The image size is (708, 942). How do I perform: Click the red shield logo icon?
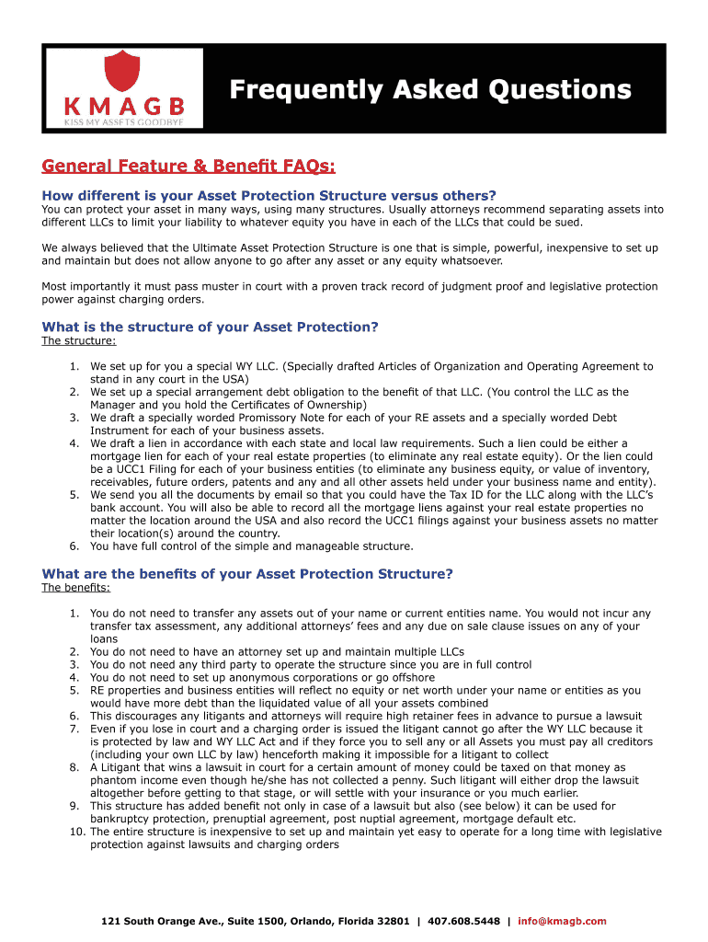point(124,70)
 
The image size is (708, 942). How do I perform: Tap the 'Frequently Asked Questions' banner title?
point(429,90)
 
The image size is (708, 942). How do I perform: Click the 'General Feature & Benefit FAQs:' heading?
point(188,166)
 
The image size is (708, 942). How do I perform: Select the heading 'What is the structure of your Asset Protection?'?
point(210,327)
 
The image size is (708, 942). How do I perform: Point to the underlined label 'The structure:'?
point(79,341)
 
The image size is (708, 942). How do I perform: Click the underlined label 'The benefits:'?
point(76,588)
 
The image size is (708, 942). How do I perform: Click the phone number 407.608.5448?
point(464,921)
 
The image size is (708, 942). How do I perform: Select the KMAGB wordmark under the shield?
point(124,104)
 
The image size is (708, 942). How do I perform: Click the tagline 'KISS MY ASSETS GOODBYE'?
point(123,121)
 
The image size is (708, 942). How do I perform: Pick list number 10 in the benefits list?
point(76,832)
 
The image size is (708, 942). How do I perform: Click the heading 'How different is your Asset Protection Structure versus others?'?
point(268,195)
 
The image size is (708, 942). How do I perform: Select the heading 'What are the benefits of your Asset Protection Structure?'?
point(247,574)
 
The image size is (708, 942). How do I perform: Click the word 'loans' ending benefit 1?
point(104,638)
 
